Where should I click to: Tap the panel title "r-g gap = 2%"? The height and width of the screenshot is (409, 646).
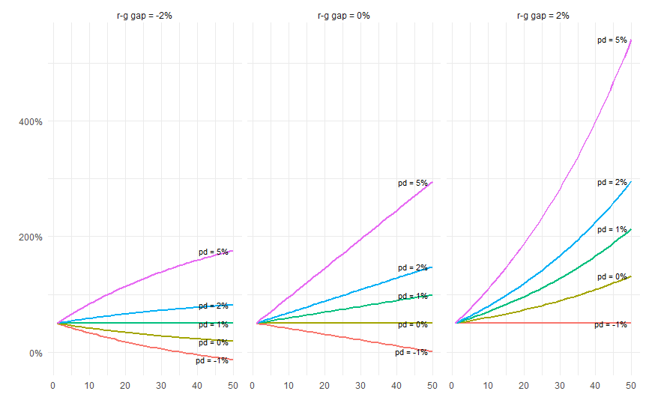[x=543, y=16]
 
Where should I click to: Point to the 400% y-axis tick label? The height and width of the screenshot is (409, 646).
[x=31, y=121]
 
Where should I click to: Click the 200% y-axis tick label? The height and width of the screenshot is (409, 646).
[x=31, y=237]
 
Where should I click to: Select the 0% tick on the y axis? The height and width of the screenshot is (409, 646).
[x=35, y=353]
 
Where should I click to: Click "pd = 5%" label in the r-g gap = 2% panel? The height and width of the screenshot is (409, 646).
[x=612, y=40]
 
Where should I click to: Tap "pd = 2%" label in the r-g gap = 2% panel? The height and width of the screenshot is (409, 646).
[x=612, y=183]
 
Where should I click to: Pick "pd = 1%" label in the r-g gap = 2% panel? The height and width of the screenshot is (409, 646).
[x=612, y=229]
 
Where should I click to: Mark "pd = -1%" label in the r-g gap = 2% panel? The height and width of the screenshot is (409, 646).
[x=611, y=325]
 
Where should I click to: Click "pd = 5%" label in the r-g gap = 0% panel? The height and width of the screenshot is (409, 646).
[x=413, y=184]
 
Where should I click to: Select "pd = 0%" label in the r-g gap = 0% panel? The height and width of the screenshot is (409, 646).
[x=413, y=325]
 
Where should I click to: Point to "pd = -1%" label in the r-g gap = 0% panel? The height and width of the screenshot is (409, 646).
[x=411, y=353]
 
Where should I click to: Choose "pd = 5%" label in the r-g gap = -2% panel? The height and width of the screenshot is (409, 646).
[x=214, y=252]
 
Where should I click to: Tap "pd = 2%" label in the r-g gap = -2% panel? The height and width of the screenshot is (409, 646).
[x=214, y=306]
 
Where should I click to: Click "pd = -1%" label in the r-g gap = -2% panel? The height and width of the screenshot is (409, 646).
[x=212, y=361]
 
